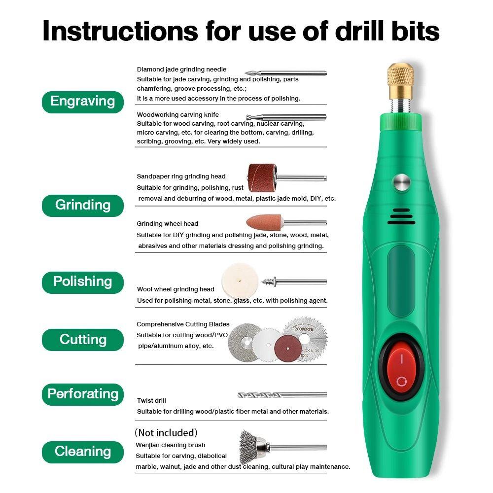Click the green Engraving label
82,102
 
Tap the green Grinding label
82,205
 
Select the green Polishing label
82,282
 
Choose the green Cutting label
82,340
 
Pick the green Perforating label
82,394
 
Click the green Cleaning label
82,452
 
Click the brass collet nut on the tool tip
400,80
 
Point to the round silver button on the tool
402,183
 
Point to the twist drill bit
281,395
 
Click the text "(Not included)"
166,433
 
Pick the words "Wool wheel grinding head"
176,289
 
